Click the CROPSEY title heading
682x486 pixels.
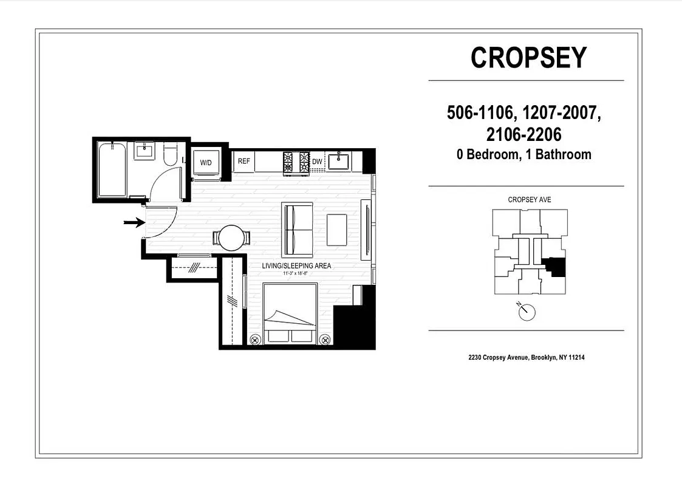[528, 58]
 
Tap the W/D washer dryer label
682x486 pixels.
[206, 162]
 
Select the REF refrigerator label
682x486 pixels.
[244, 162]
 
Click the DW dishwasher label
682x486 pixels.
[317, 162]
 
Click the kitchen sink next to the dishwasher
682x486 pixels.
[339, 162]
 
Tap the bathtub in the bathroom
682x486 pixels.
[112, 169]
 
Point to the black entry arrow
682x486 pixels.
[134, 223]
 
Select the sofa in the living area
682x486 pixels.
[297, 230]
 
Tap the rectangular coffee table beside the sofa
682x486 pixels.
[338, 230]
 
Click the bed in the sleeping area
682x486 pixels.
[290, 313]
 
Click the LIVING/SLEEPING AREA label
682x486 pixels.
[296, 266]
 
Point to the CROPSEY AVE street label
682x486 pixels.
[529, 200]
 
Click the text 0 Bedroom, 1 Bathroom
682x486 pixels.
[524, 154]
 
